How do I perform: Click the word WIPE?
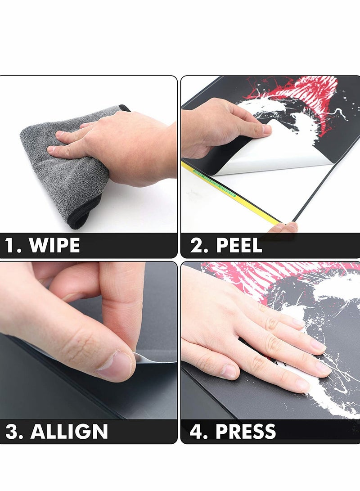click(54, 246)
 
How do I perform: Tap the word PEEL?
click(238, 246)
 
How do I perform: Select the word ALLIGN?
click(69, 432)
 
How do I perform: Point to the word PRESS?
click(245, 432)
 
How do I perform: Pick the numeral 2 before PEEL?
click(197, 246)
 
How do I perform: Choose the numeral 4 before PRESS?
click(197, 432)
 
